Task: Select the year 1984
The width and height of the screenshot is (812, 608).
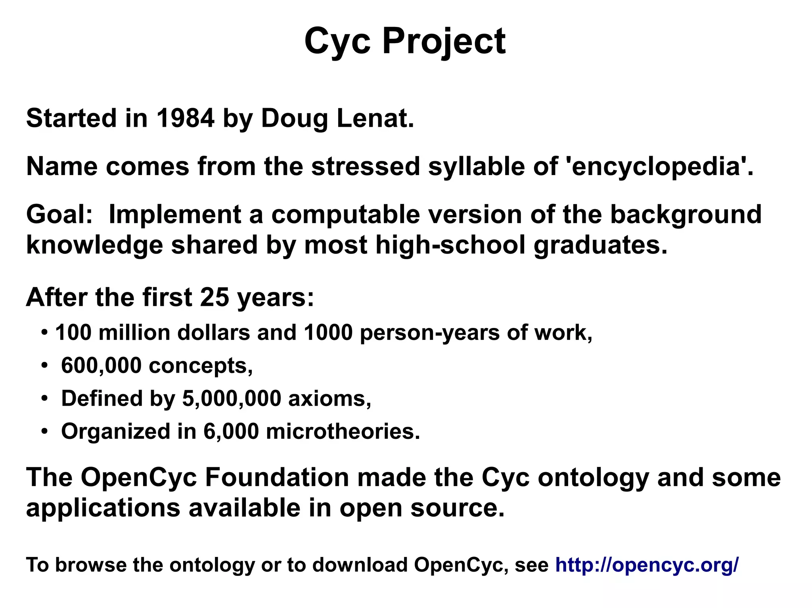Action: (185, 118)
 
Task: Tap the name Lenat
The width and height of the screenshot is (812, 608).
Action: (375, 118)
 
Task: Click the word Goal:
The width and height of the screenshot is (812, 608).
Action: (59, 215)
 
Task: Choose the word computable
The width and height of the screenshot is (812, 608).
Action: (345, 215)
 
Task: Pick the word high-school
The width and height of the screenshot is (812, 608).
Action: (450, 245)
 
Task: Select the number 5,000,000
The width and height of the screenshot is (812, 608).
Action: (232, 398)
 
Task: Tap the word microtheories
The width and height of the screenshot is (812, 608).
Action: (343, 431)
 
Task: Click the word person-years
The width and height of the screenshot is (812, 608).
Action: (429, 333)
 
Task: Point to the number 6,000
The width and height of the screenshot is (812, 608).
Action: (231, 431)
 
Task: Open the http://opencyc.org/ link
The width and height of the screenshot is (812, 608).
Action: (647, 565)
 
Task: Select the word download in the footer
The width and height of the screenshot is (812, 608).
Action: (360, 565)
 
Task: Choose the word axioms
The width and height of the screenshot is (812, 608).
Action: (329, 398)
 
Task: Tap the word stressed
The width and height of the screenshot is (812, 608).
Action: (365, 167)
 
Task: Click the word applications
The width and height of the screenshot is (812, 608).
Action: (103, 508)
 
